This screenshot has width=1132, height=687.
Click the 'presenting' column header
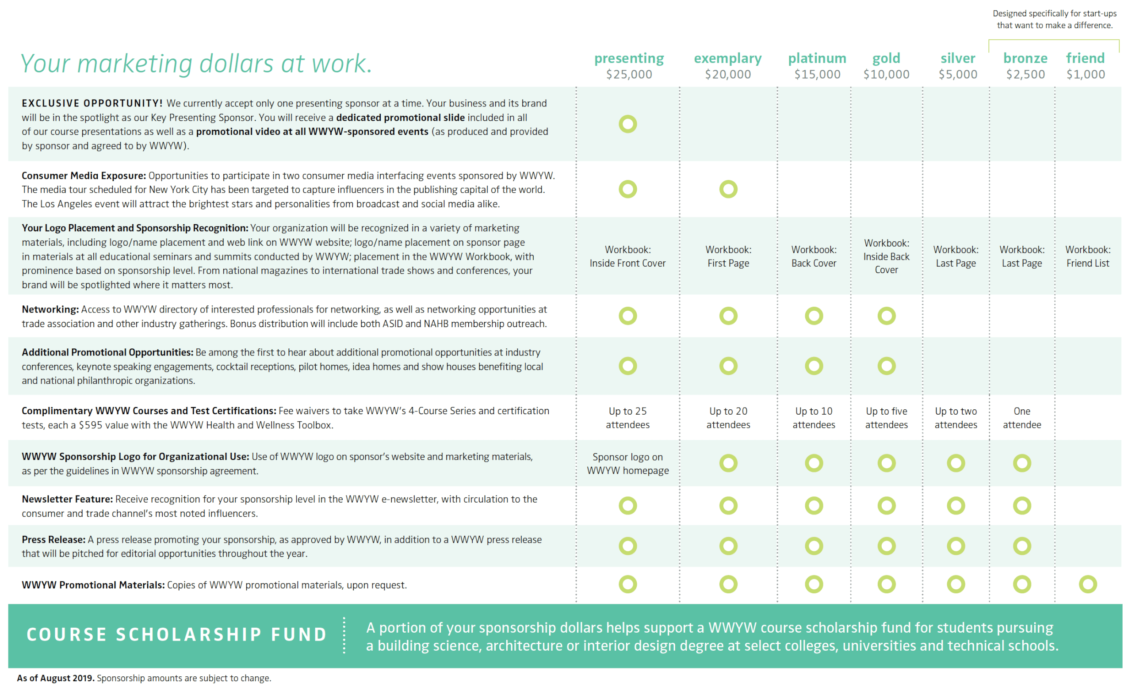click(x=629, y=59)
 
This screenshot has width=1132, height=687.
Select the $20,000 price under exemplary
click(x=728, y=74)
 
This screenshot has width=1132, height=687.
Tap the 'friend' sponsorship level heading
click(x=1085, y=58)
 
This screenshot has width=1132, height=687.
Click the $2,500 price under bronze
click(x=1025, y=74)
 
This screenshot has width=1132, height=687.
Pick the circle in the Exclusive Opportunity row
click(x=627, y=115)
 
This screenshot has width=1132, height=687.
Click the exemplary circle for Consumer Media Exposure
click(x=728, y=180)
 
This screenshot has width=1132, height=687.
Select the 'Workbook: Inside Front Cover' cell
click(x=627, y=256)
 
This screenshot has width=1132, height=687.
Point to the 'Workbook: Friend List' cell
click(x=1088, y=256)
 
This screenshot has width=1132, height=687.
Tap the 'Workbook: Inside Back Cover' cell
click(x=886, y=256)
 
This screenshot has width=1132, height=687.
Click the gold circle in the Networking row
click(x=887, y=307)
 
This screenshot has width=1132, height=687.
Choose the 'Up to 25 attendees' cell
click(x=627, y=418)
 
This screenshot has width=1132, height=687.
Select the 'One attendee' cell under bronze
click(x=1022, y=418)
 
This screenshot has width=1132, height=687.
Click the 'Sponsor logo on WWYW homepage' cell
click(x=627, y=464)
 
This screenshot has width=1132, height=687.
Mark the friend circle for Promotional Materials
click(x=1088, y=576)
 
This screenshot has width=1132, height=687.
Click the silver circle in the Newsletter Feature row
click(x=956, y=497)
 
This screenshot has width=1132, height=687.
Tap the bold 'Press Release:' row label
click(x=54, y=540)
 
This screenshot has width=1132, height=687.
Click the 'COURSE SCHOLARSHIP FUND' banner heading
click(x=177, y=635)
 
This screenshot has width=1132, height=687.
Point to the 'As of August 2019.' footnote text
click(x=56, y=678)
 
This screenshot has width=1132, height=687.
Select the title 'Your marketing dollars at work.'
click(x=196, y=63)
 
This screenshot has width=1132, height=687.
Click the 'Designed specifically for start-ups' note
click(x=1054, y=14)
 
